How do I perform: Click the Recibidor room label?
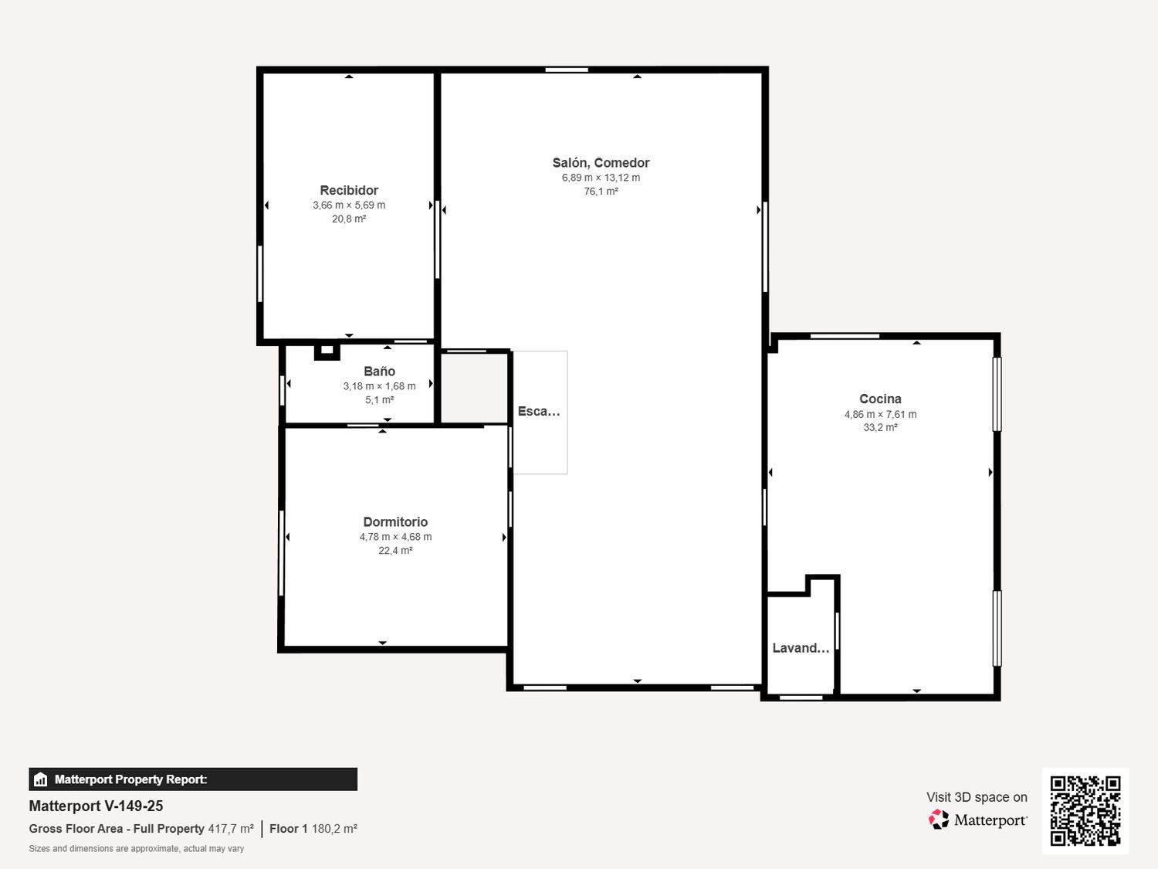(x=349, y=190)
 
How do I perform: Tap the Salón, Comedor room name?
(x=601, y=162)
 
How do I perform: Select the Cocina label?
(x=880, y=399)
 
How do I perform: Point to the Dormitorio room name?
(x=395, y=522)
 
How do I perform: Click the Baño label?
(x=379, y=371)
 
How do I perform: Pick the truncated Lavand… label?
(x=801, y=648)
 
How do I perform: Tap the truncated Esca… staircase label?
(x=539, y=411)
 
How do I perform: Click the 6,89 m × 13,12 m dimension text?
(x=601, y=178)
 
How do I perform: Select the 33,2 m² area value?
(x=880, y=427)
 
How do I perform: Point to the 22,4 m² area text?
(x=395, y=550)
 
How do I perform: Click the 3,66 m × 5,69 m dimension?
(x=349, y=205)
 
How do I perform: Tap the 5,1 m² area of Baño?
(x=379, y=400)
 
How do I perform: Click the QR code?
(x=1085, y=810)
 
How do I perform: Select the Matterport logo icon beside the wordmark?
(x=939, y=820)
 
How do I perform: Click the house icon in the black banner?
(x=41, y=779)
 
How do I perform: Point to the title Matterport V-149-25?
(x=96, y=806)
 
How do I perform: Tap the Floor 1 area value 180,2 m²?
(x=334, y=828)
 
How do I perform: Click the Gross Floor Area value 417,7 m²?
(x=231, y=828)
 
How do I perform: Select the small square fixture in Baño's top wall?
(x=327, y=351)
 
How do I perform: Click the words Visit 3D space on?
(x=977, y=797)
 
